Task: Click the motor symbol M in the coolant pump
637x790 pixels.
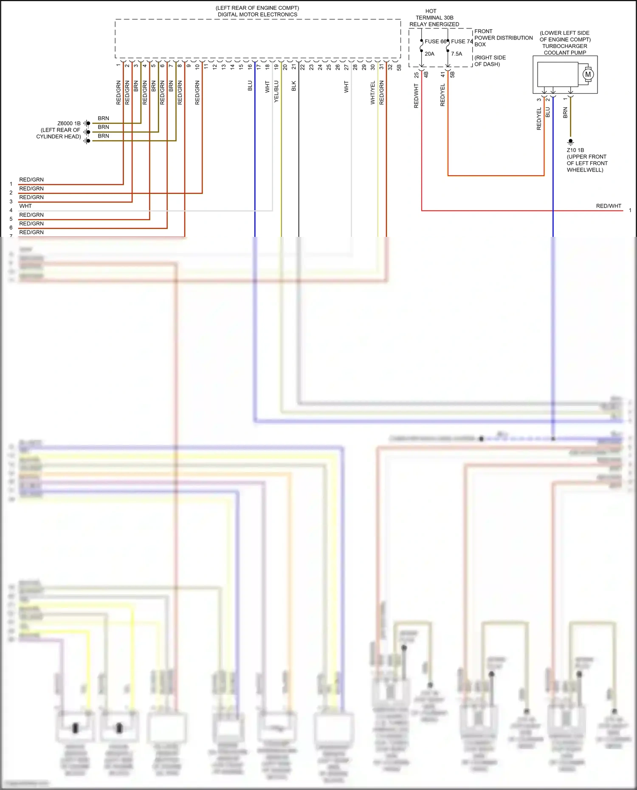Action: click(588, 74)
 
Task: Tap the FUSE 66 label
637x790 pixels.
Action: click(435, 41)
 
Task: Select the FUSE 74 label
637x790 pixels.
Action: click(462, 41)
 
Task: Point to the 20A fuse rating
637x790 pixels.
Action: click(429, 54)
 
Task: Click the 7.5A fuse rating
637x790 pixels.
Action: click(457, 54)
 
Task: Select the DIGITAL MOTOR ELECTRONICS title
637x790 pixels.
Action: click(257, 14)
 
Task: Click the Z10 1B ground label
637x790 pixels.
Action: click(575, 150)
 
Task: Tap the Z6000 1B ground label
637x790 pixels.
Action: click(69, 124)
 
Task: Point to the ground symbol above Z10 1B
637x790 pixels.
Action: click(571, 142)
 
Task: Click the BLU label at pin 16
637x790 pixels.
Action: click(250, 86)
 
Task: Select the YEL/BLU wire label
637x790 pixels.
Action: click(276, 91)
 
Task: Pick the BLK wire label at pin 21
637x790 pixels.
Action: click(294, 86)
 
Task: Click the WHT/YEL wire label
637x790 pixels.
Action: click(373, 93)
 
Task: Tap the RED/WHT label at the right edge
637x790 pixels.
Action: click(608, 206)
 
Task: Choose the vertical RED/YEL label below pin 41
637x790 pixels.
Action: click(443, 95)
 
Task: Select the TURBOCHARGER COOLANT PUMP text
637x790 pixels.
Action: click(565, 49)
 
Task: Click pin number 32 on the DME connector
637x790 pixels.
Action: click(390, 67)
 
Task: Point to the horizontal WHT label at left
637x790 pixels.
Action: click(25, 206)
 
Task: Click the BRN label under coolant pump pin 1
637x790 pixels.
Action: click(565, 112)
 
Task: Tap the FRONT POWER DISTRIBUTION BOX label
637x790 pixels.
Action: click(503, 38)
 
